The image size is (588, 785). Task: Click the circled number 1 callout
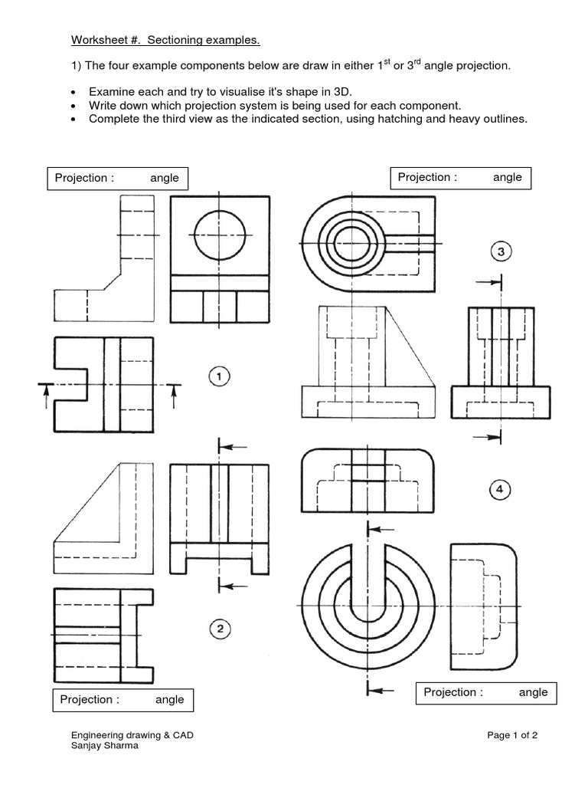click(219, 376)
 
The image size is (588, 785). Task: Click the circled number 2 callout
click(219, 629)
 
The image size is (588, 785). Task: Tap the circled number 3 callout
click(500, 251)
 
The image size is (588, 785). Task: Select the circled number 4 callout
click(500, 489)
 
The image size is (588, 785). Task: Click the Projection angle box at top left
click(117, 179)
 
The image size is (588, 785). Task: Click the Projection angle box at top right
click(460, 178)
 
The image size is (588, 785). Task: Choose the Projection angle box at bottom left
click(122, 700)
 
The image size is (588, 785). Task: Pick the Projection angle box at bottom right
click(486, 693)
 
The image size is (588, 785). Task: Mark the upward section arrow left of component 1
click(46, 396)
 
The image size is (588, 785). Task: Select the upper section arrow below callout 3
click(487, 283)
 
